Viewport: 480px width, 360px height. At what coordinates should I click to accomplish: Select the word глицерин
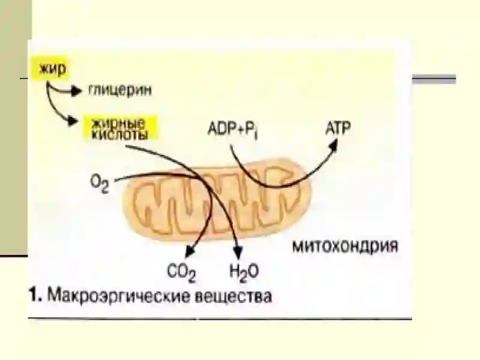120,91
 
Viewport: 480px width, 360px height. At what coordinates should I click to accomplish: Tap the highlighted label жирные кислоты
120,128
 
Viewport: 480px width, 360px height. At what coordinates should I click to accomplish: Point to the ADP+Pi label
232,130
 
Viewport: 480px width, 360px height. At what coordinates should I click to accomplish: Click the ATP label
338,128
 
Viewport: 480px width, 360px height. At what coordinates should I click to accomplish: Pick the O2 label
100,184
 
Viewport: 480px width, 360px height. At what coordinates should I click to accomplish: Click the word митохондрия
346,246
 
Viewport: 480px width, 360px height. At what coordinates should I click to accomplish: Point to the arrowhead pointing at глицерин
77,91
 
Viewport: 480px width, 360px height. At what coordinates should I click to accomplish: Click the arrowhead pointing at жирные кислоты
72,121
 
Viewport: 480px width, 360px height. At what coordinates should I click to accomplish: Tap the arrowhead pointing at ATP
333,145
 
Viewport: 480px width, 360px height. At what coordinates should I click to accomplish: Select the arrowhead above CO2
190,251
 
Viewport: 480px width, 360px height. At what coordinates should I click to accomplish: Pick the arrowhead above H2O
238,253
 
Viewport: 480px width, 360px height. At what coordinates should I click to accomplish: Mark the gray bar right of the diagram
434,79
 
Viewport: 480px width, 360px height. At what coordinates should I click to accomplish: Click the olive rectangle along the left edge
16,127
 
